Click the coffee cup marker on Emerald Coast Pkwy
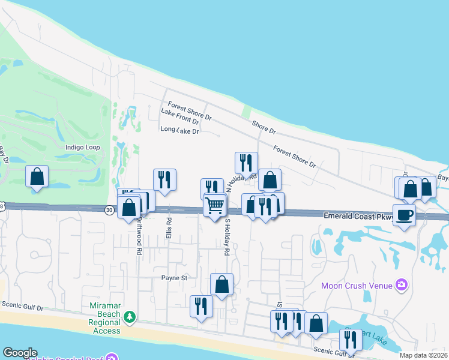click(404, 215)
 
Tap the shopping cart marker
click(214, 205)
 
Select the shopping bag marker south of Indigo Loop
click(37, 177)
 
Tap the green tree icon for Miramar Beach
click(129, 316)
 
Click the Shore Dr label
click(264, 127)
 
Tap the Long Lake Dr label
click(179, 130)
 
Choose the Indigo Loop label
click(83, 147)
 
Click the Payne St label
click(174, 278)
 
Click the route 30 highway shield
click(109, 210)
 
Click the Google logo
click(20, 353)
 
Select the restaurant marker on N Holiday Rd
click(246, 163)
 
